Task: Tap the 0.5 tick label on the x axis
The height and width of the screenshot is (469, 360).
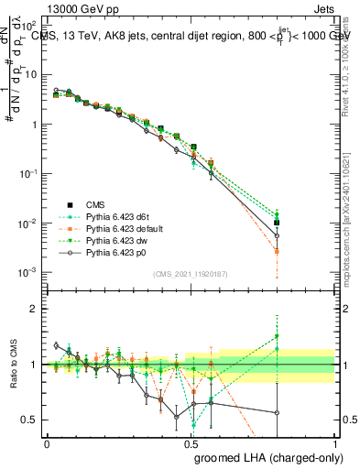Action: click(191, 442)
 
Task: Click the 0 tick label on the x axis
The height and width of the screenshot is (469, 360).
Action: click(47, 442)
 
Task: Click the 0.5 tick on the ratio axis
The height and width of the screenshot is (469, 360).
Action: click(31, 420)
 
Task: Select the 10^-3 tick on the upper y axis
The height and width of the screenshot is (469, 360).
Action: click(29, 273)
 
